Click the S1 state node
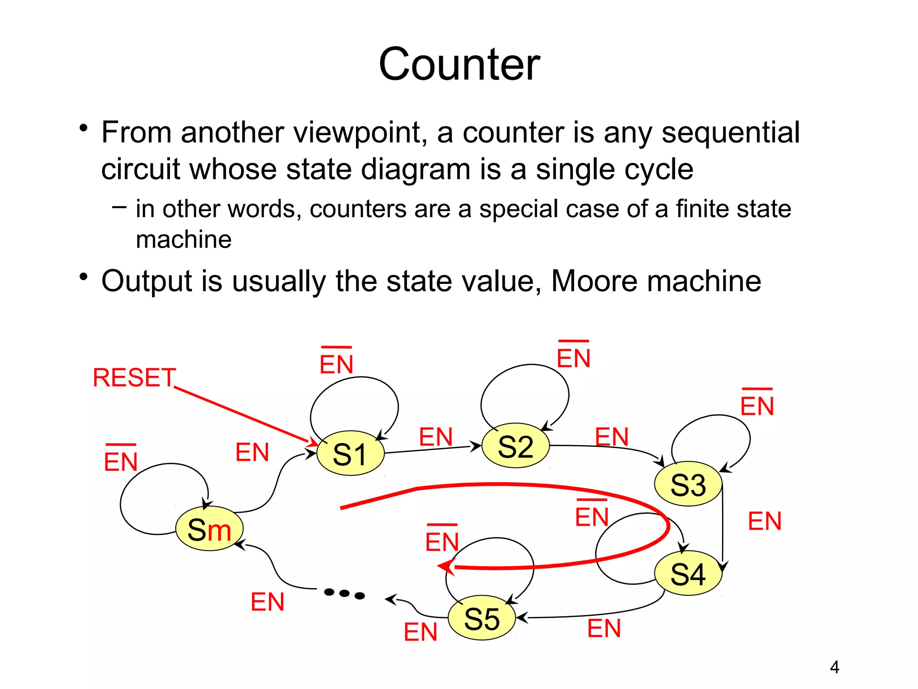[350, 453]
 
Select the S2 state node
[515, 446]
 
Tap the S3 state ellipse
[688, 484]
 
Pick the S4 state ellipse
[688, 573]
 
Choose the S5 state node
[482, 618]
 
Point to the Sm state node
[209, 529]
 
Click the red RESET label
[134, 378]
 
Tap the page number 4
[834, 667]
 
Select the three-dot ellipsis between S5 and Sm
[344, 594]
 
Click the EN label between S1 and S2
[436, 437]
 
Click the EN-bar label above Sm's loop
[121, 460]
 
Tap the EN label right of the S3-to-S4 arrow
[765, 521]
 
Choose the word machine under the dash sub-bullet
[184, 240]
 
